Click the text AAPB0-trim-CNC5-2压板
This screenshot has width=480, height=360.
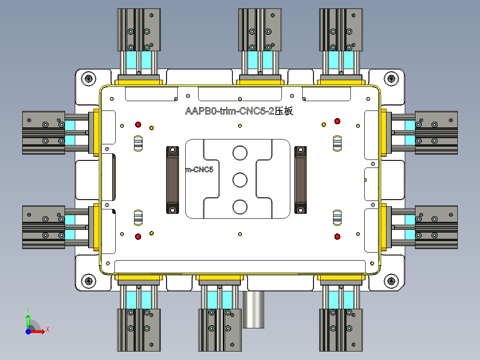tap(239, 111)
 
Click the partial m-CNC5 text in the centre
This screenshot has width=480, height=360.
tap(199, 169)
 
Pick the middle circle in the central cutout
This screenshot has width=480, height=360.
tap(240, 180)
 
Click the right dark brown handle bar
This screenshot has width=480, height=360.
tap(301, 180)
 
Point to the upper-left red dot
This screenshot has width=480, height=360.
tap(138, 124)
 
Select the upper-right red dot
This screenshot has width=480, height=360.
tap(337, 121)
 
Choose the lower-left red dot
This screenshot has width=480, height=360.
tap(138, 236)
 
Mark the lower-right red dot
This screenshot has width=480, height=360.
tap(337, 236)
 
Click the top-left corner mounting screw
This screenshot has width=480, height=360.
tap(89, 79)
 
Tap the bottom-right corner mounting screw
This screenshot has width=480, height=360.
tap(391, 281)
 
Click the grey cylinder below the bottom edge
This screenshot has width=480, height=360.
tap(254, 310)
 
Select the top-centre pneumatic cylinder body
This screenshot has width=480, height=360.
tap(260, 29)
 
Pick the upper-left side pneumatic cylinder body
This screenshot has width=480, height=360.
tap(44, 132)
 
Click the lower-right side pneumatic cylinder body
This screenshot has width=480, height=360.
tap(436, 227)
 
